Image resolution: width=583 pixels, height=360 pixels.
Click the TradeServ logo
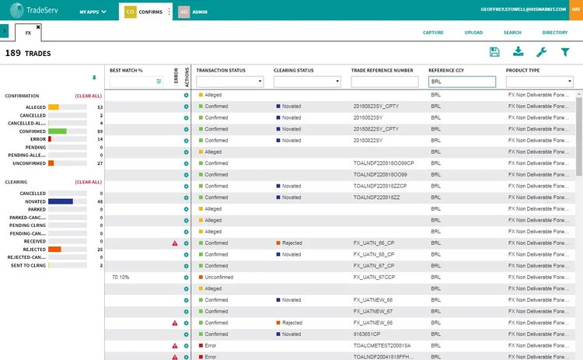(35, 11)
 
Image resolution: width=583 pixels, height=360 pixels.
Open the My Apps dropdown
(93, 12)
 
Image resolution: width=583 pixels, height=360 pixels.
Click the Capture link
(433, 33)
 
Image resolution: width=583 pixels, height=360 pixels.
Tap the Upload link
(473, 33)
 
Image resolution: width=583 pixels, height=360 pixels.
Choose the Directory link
(555, 33)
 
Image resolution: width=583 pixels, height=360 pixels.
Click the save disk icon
(494, 52)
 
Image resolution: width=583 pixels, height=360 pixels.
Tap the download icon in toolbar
(518, 52)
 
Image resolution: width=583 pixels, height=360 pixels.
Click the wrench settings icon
(542, 52)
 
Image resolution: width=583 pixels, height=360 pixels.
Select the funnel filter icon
(565, 52)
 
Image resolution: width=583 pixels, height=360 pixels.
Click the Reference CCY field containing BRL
(462, 81)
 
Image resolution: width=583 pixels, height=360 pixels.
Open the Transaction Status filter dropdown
(229, 81)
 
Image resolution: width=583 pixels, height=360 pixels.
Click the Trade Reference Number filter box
(384, 81)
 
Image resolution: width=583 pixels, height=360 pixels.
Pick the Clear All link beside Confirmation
(88, 96)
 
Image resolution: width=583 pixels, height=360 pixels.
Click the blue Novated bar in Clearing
(60, 201)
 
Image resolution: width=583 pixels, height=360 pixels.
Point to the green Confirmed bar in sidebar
(57, 131)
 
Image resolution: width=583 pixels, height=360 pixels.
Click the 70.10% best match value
(120, 277)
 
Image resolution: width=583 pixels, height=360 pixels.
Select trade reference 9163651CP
(368, 334)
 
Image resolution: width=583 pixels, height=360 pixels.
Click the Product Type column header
(523, 70)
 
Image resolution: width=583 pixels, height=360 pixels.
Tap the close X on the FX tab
(37, 26)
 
